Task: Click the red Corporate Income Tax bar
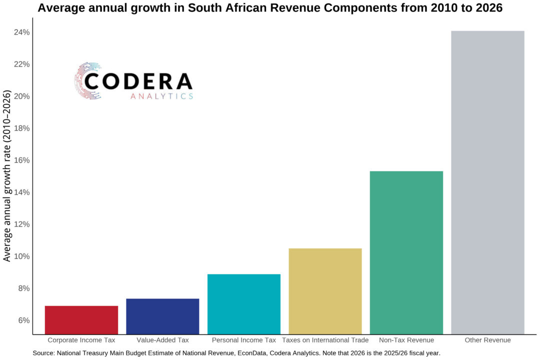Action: pos(81,320)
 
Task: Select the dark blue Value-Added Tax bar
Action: pos(162,316)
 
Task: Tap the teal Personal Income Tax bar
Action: pos(244,304)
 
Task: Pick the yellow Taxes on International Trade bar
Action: pos(325,291)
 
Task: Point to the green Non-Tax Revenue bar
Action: pos(406,252)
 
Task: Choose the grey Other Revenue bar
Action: pos(487,182)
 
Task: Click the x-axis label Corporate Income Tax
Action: pos(81,340)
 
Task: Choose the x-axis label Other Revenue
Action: pos(487,340)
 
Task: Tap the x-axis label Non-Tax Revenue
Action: pos(406,340)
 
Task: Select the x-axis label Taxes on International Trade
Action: pos(325,340)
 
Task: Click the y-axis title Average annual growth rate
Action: pos(7,176)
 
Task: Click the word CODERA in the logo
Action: pos(138,81)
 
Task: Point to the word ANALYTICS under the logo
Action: pos(161,96)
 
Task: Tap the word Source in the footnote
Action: pos(43,353)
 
